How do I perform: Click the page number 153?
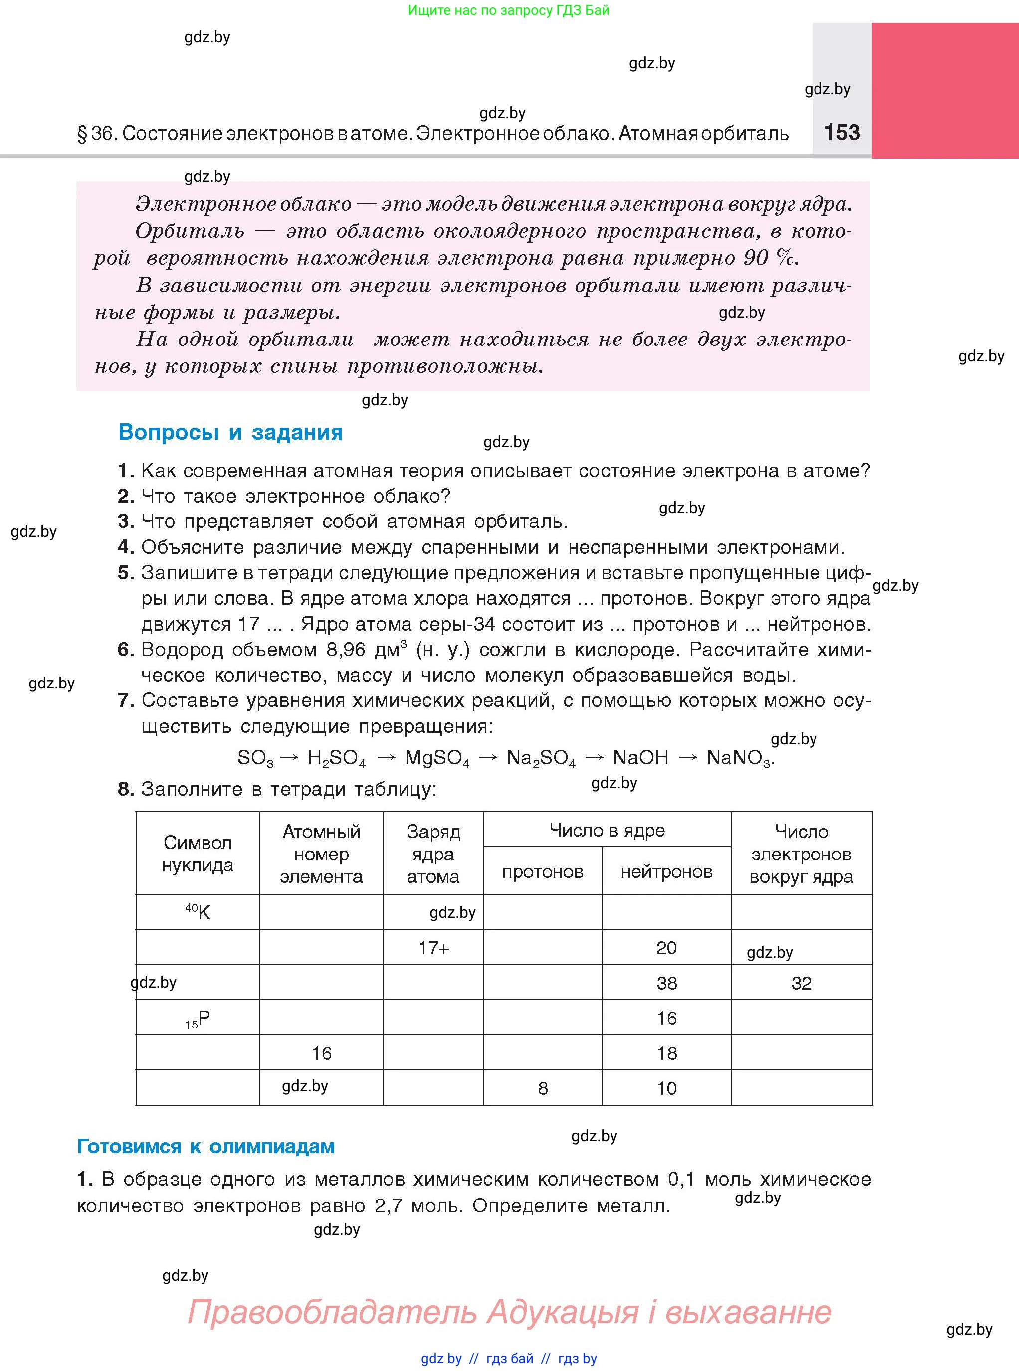click(x=842, y=133)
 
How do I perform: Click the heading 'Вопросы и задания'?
click(x=230, y=432)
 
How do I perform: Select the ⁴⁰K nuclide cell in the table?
click(x=198, y=912)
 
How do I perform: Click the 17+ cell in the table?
click(x=433, y=948)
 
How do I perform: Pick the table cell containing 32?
click(x=801, y=983)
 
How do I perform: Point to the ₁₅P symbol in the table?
click(x=198, y=1019)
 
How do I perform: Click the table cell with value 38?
click(x=666, y=983)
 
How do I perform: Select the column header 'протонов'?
click(x=542, y=871)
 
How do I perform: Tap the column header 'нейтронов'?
click(x=666, y=871)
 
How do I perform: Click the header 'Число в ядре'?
click(x=607, y=831)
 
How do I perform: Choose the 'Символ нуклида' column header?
click(x=198, y=854)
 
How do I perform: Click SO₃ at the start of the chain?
click(x=255, y=758)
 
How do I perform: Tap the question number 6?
click(x=125, y=649)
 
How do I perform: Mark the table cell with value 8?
click(x=542, y=1088)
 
